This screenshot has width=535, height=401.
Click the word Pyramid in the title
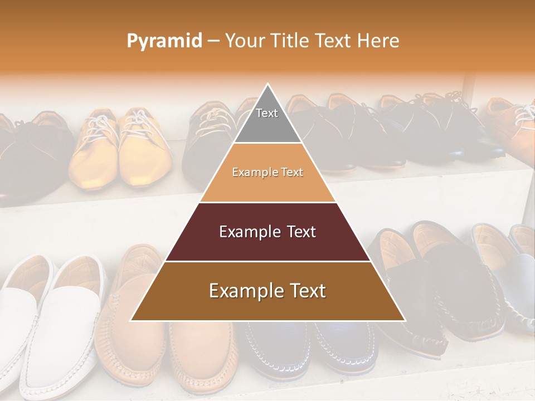pos(164,41)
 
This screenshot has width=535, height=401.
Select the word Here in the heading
pos(378,41)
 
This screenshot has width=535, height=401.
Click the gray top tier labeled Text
pos(267,120)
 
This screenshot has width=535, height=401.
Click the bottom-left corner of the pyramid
pos(132,320)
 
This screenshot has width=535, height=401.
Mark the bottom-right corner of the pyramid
pos(404,320)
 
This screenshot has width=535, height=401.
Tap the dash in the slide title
pos(213,41)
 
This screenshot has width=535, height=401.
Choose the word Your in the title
pos(245,41)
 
